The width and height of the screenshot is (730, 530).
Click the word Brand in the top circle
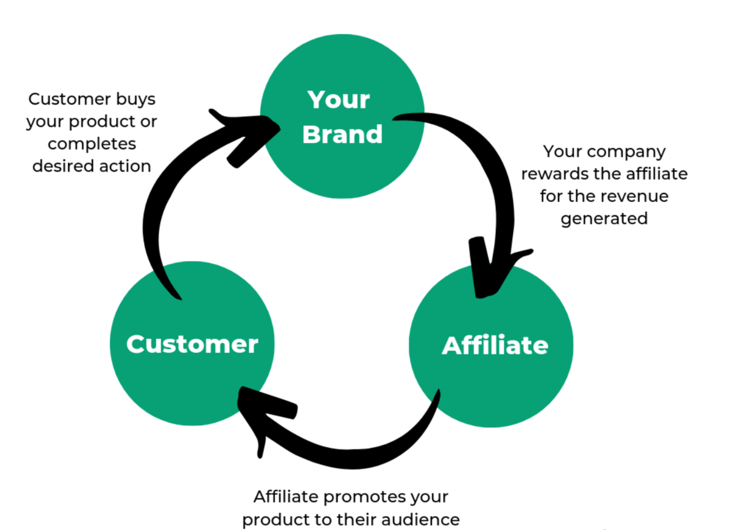point(342,134)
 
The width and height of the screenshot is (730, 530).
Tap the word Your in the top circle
point(339,99)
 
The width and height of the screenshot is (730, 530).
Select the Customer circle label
point(192,344)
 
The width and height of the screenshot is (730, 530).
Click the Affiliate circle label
point(495,345)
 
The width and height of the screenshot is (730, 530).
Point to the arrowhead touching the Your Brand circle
point(243,134)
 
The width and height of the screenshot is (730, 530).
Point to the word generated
point(604,218)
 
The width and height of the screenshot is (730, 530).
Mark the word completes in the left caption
point(92,144)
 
